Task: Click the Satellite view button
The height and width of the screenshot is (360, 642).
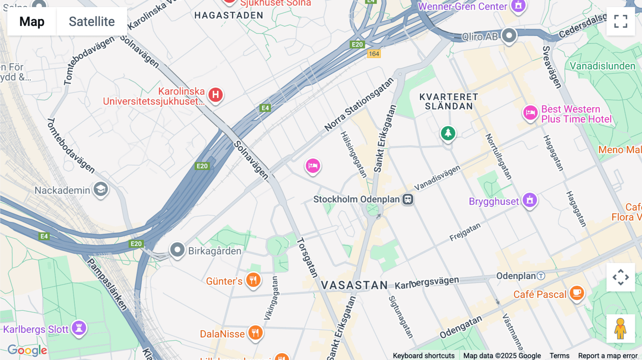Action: tap(92, 21)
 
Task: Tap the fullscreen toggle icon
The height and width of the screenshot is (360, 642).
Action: tap(621, 21)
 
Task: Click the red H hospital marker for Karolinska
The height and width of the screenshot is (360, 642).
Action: tap(215, 95)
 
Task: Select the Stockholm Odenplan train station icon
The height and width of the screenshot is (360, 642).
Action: tap(408, 199)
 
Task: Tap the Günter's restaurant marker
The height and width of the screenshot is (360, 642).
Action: tap(253, 280)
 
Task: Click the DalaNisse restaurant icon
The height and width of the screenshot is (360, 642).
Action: tap(255, 333)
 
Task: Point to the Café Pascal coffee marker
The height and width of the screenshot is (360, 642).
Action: tap(577, 293)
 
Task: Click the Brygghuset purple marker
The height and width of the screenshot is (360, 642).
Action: tap(530, 200)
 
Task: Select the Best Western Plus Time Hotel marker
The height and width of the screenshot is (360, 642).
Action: tap(530, 113)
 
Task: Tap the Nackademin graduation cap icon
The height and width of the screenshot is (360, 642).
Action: tap(101, 189)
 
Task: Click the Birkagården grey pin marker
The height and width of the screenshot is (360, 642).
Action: tap(177, 250)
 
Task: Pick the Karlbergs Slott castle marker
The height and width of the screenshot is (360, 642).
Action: tap(79, 328)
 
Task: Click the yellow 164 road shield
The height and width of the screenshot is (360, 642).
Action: tap(374, 54)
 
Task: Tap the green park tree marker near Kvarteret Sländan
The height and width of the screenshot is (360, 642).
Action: tap(448, 133)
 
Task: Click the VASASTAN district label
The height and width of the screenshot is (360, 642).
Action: tap(354, 285)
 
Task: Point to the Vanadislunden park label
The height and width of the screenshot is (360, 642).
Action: tap(602, 66)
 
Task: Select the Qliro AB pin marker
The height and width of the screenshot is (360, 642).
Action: tap(509, 35)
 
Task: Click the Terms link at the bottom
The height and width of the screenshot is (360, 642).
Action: tap(559, 355)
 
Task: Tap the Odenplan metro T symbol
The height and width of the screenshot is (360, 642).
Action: tap(541, 276)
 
